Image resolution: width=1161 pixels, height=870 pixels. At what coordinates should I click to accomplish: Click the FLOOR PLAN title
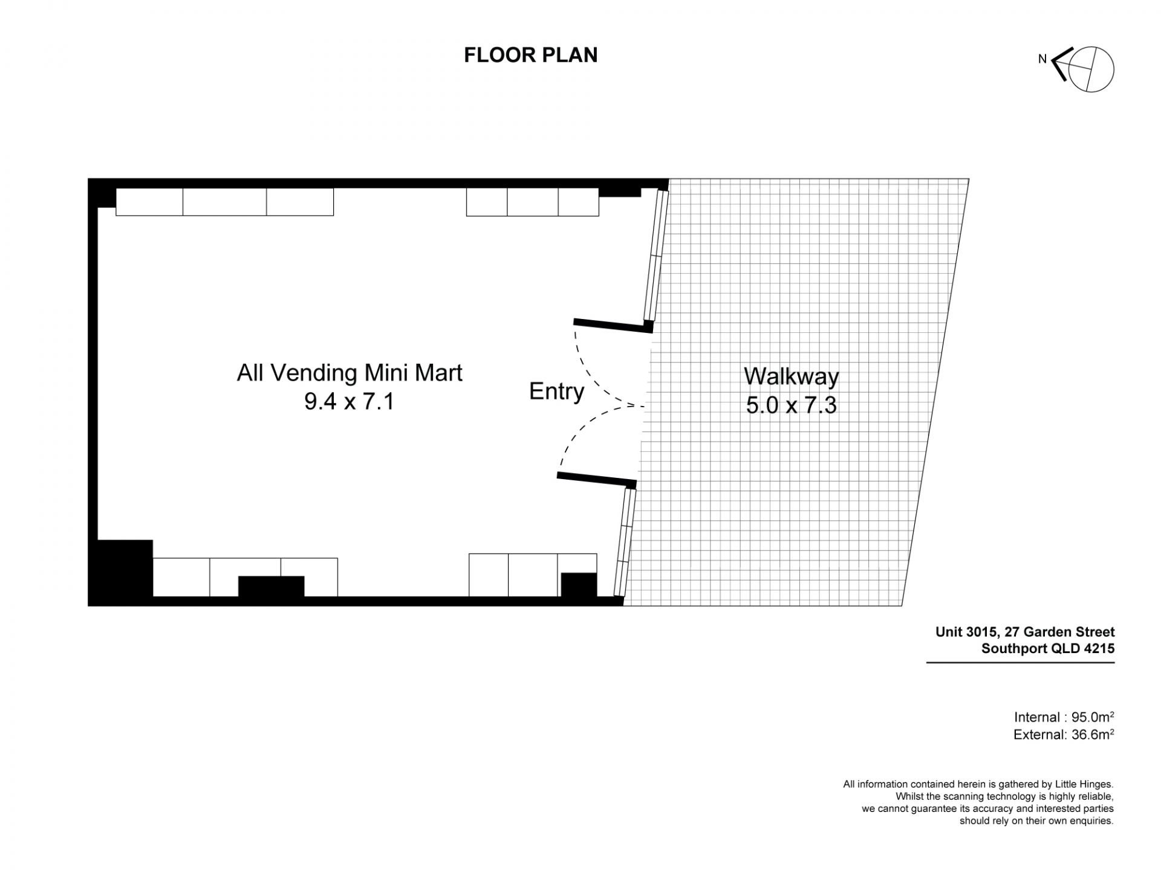(530, 55)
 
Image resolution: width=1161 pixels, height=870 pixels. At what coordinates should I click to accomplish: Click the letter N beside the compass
(1042, 59)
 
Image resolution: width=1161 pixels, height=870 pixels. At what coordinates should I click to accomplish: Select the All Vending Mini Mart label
(350, 373)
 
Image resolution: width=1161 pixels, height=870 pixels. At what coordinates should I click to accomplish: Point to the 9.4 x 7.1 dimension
(350, 402)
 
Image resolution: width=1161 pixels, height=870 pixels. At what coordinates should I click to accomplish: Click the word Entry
(556, 391)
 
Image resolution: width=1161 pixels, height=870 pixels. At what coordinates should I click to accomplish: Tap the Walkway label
(792, 376)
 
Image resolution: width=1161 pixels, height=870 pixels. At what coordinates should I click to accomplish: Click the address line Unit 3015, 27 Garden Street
(1025, 632)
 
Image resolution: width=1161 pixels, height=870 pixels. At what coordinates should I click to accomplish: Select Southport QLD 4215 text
(1048, 649)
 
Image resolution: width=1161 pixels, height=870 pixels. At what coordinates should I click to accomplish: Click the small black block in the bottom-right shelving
(579, 585)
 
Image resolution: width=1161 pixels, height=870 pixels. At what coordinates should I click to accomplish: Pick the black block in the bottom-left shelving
(271, 587)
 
